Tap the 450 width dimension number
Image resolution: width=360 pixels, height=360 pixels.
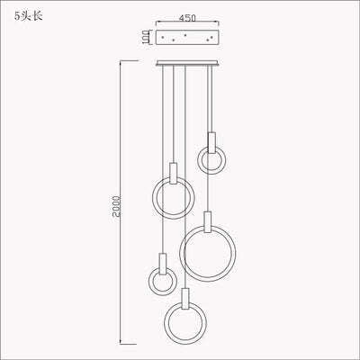[188, 16]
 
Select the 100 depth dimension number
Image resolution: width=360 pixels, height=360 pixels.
[144, 39]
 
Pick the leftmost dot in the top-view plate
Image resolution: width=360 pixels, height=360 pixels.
[165, 39]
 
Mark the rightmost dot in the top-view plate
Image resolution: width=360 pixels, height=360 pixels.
[211, 39]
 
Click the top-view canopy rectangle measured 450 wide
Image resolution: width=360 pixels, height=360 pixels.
[188, 40]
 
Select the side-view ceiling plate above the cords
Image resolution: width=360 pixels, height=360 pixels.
[188, 63]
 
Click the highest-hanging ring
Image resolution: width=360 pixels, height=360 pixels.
[211, 162]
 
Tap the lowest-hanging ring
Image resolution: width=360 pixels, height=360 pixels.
[184, 320]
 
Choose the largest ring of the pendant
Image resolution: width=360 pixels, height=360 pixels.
[208, 254]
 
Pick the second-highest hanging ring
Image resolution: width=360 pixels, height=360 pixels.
[171, 197]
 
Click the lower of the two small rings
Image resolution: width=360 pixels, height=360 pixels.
[162, 282]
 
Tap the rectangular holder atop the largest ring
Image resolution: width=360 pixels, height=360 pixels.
[208, 220]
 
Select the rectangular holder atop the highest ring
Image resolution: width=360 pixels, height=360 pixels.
[211, 141]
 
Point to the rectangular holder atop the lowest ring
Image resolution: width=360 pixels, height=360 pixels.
[184, 297]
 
